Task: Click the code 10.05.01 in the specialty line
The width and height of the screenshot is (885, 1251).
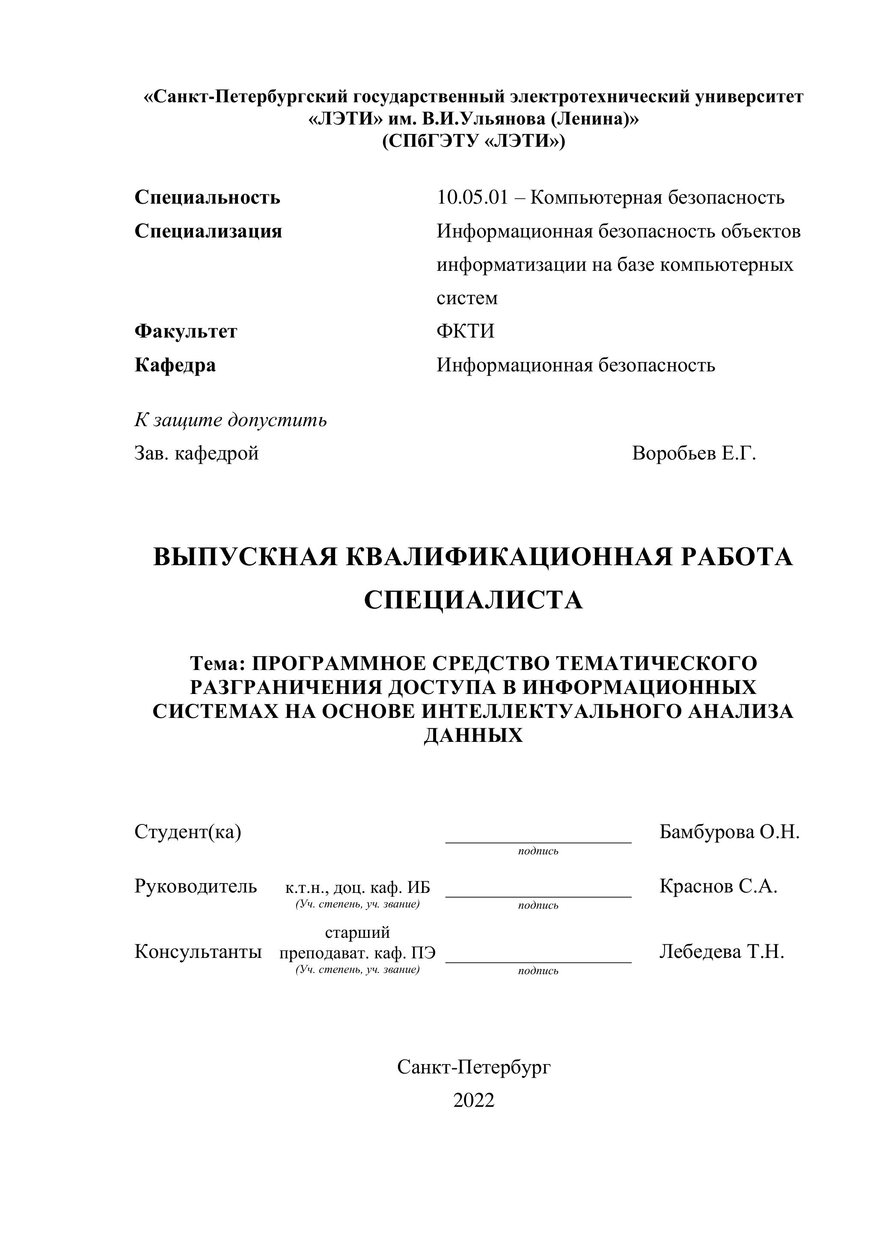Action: (472, 198)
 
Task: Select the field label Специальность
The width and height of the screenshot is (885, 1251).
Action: (207, 198)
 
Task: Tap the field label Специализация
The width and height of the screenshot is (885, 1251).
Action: (208, 231)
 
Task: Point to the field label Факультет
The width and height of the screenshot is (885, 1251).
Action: (186, 331)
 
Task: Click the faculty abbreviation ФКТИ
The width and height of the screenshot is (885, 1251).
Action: (465, 331)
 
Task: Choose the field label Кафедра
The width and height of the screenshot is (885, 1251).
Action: (175, 365)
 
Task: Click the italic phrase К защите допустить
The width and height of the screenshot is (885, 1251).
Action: (231, 420)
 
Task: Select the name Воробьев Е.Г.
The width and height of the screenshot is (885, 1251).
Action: (694, 454)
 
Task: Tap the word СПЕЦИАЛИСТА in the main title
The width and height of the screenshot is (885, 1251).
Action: (473, 600)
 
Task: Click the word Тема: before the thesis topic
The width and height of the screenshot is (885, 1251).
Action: (218, 664)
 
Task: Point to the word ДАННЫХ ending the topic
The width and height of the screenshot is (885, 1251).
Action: (473, 736)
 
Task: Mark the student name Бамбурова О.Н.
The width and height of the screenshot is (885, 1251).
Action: (729, 832)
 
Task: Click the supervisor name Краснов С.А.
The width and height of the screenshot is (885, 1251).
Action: (718, 886)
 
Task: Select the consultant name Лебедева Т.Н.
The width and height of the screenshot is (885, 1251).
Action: (722, 952)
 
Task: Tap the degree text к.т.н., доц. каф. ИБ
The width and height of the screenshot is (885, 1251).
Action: (357, 888)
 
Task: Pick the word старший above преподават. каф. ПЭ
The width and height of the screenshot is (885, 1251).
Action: (357, 932)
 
